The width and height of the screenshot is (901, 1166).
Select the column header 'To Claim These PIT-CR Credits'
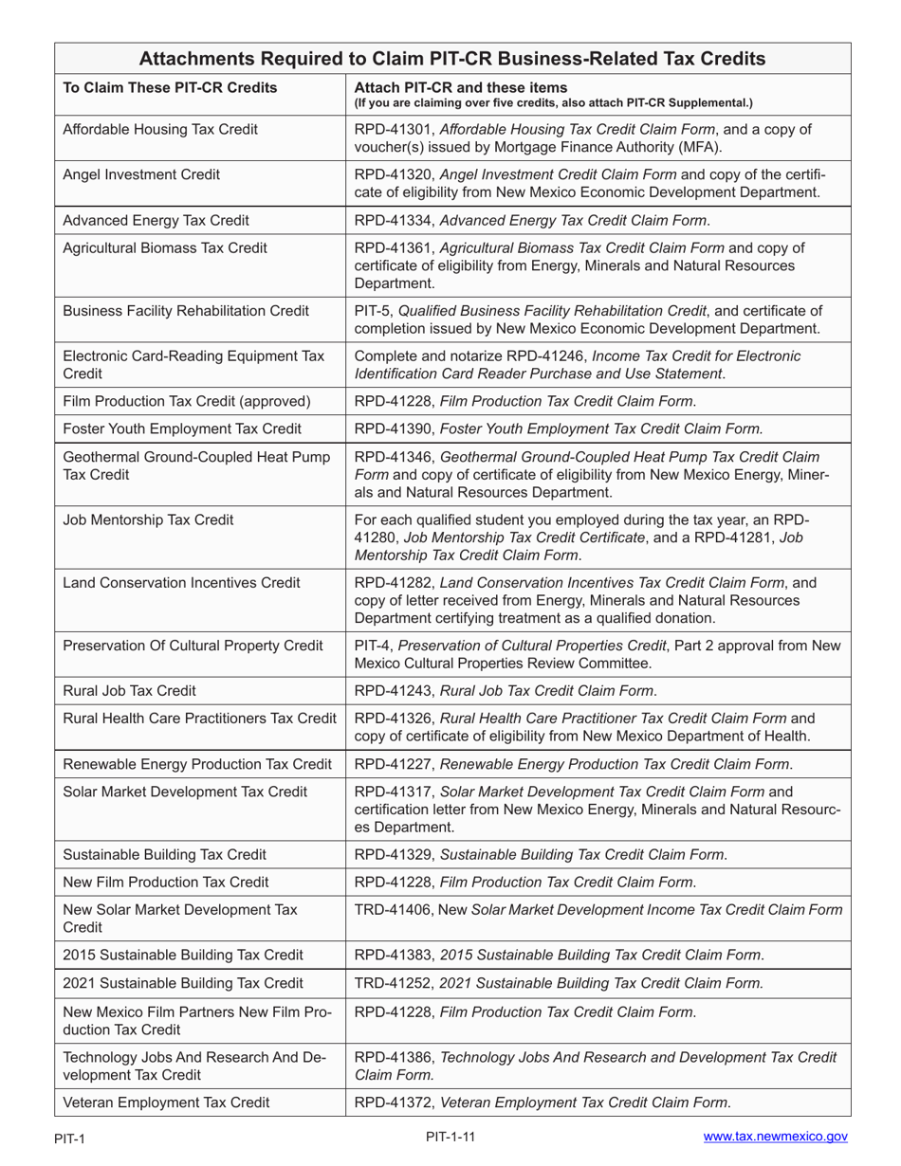[170, 88]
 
